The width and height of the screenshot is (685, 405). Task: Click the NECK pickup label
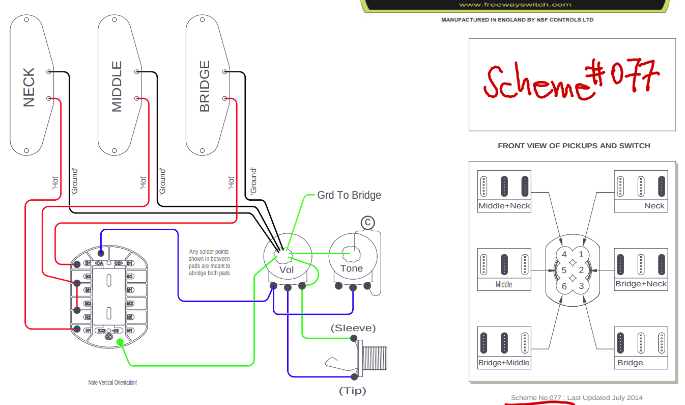coord(29,87)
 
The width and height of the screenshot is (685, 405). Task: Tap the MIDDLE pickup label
coord(117,86)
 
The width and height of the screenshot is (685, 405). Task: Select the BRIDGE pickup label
coord(205,86)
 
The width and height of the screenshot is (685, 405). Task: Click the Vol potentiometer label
coord(287,269)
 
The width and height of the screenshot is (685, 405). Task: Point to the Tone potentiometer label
coord(351,268)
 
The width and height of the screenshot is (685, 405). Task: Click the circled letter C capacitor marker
coord(367,223)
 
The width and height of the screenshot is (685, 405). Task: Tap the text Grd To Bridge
coord(349,195)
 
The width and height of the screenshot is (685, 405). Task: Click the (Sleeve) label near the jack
coord(353,328)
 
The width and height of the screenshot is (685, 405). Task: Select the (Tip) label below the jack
coord(352,391)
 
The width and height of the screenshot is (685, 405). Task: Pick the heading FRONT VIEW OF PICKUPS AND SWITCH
coord(574,146)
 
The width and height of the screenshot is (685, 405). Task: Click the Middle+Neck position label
coord(504,206)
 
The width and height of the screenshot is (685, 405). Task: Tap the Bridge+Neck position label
coord(641,284)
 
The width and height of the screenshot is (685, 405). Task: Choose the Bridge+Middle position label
coord(504,363)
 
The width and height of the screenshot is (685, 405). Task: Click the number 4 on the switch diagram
coord(564,254)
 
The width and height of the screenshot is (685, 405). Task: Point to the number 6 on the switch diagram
coord(564,286)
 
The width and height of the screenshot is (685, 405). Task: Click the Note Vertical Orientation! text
coord(112,382)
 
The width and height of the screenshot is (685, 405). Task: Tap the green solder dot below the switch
coord(120,342)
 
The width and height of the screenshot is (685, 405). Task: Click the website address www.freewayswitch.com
coord(515,5)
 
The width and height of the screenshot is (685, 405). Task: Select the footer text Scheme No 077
coord(536,397)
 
